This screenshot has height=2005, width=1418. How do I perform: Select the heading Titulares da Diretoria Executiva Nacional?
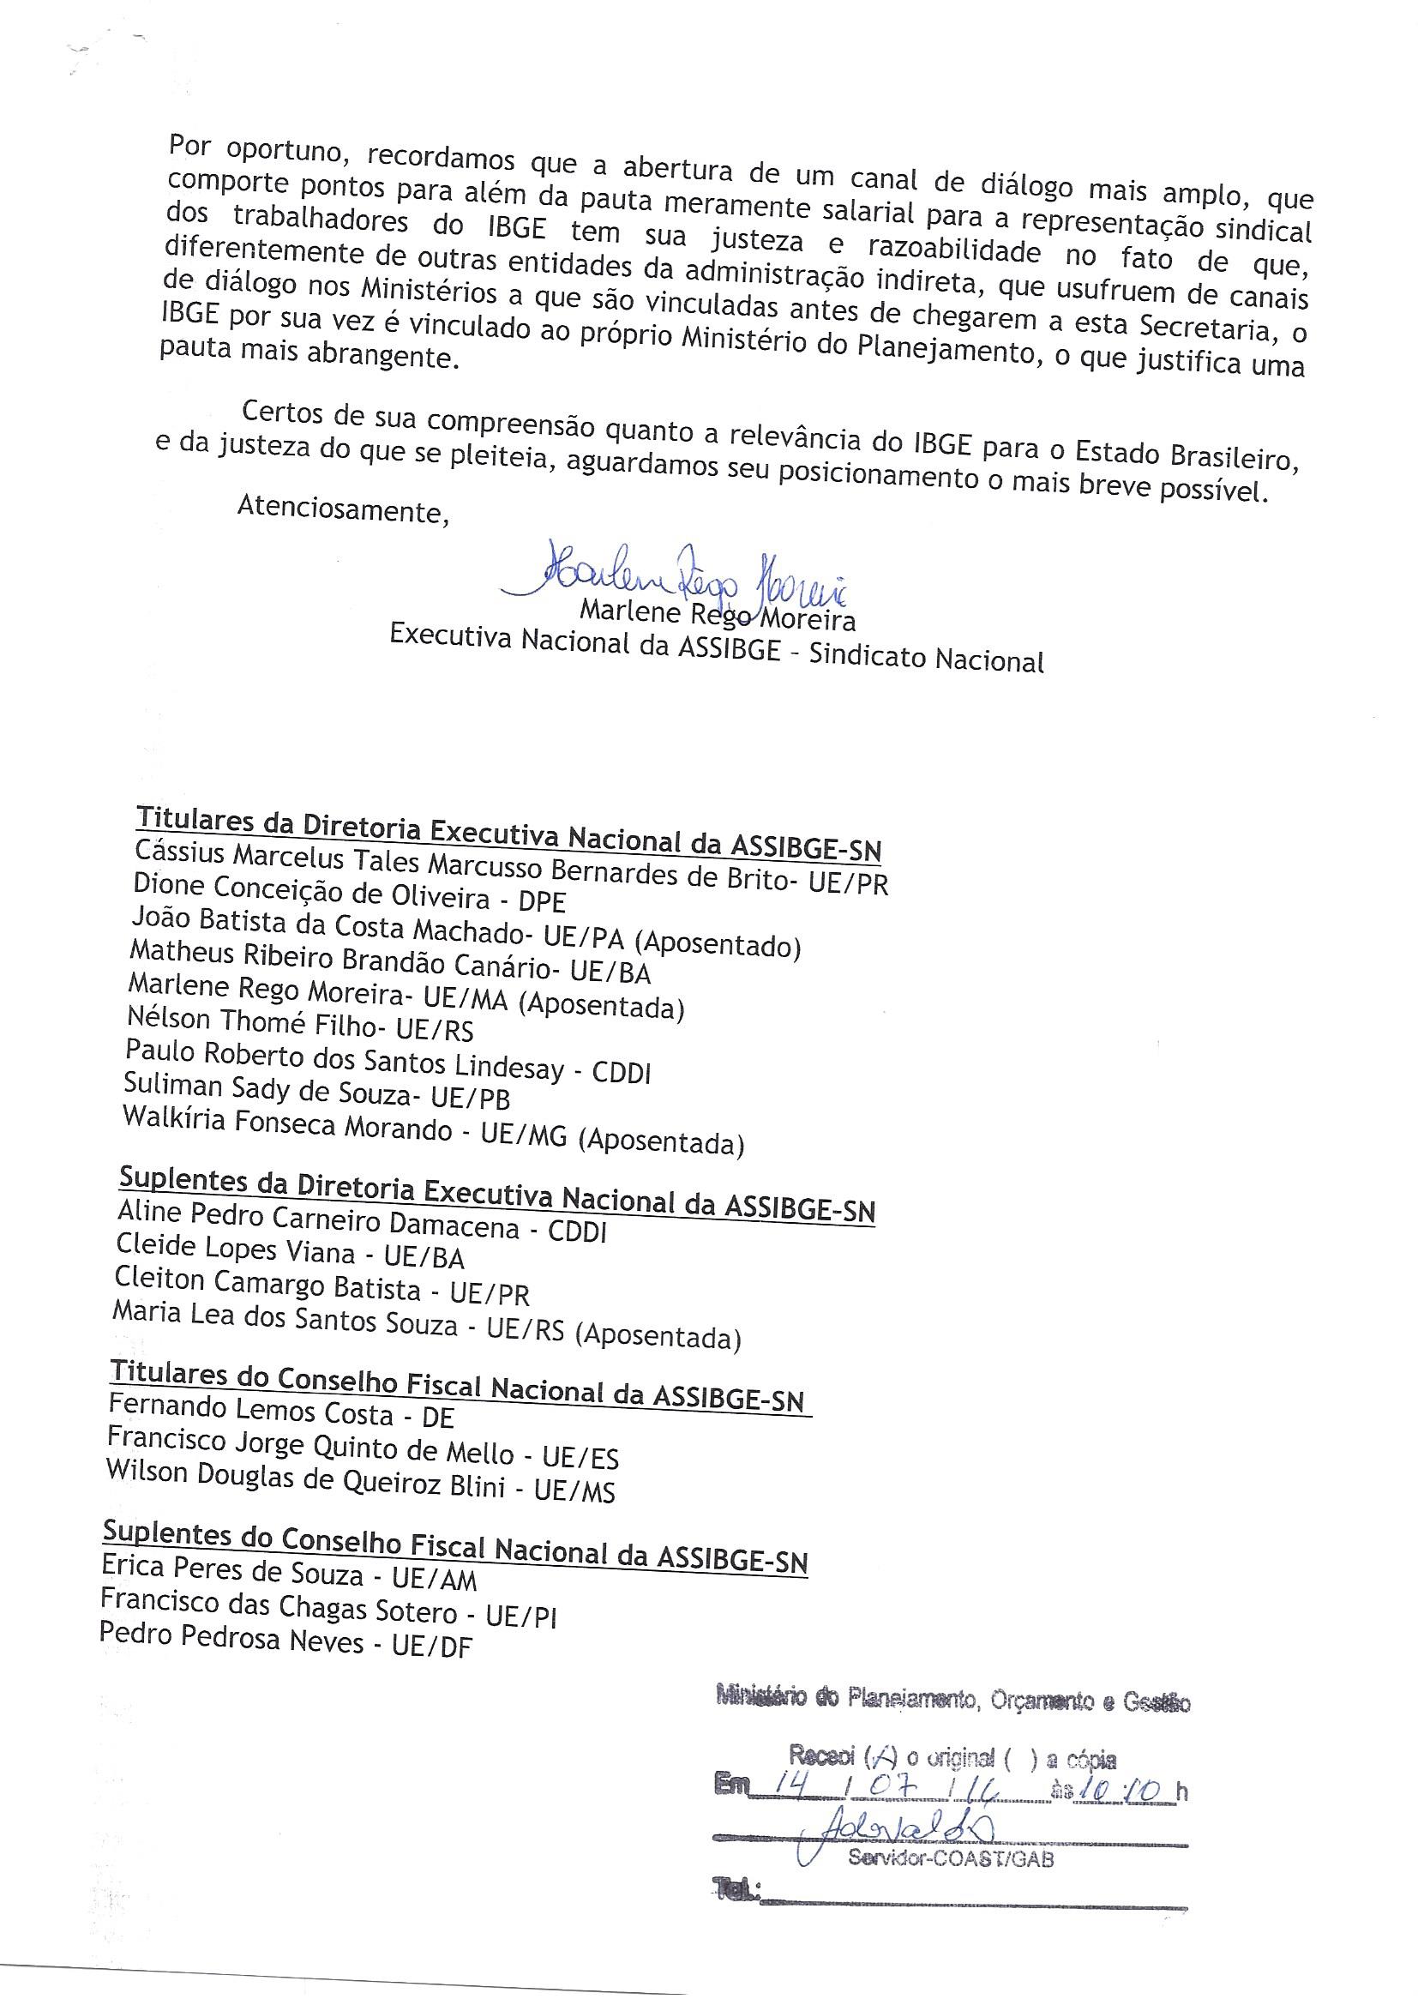508,834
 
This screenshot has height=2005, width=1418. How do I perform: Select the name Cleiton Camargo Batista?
267,1285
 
